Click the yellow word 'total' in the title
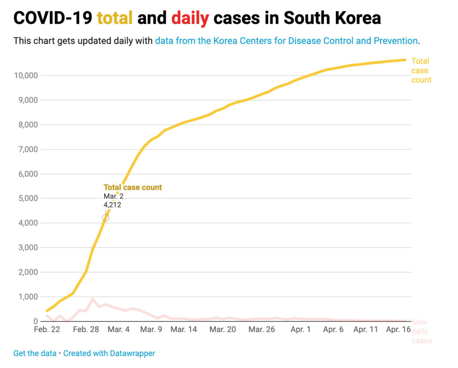114,18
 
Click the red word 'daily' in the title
190,18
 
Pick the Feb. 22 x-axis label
47,330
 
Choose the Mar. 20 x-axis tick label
223,330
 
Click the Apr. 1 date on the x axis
301,330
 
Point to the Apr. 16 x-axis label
398,330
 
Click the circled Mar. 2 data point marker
106,218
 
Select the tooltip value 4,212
112,205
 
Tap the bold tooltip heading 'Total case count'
133,187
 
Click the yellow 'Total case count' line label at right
421,70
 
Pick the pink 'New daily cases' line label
421,331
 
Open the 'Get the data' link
35,353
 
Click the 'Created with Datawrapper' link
109,353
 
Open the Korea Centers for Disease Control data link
286,41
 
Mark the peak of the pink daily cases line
93,299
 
